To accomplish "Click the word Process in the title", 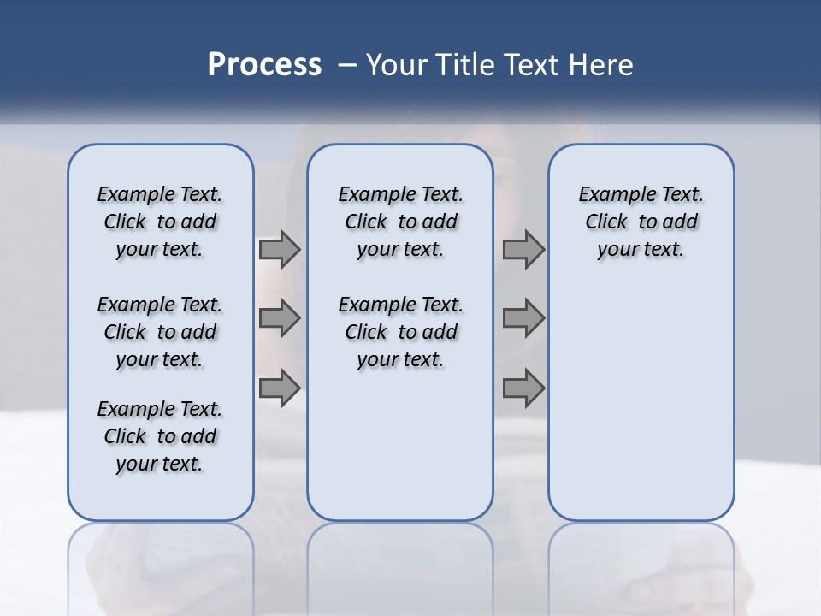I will pyautogui.click(x=264, y=64).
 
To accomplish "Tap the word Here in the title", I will pyautogui.click(x=602, y=64).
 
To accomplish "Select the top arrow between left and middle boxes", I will pyautogui.click(x=280, y=250).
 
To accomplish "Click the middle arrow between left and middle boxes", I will pyautogui.click(x=280, y=318).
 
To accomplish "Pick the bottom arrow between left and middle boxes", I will pyautogui.click(x=280, y=388).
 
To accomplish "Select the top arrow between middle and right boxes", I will pyautogui.click(x=523, y=250).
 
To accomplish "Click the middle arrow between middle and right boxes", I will pyautogui.click(x=523, y=318).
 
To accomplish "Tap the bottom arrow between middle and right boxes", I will pyautogui.click(x=523, y=388).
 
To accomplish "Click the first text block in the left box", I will pyautogui.click(x=160, y=222).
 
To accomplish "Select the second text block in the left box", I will pyautogui.click(x=160, y=332).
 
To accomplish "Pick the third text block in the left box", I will pyautogui.click(x=160, y=436).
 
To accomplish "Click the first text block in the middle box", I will pyautogui.click(x=400, y=222).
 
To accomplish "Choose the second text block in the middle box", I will pyautogui.click(x=400, y=332).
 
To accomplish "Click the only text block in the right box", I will pyautogui.click(x=641, y=222).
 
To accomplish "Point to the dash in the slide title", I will pyautogui.click(x=347, y=65).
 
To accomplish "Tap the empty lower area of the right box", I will pyautogui.click(x=641, y=411).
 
